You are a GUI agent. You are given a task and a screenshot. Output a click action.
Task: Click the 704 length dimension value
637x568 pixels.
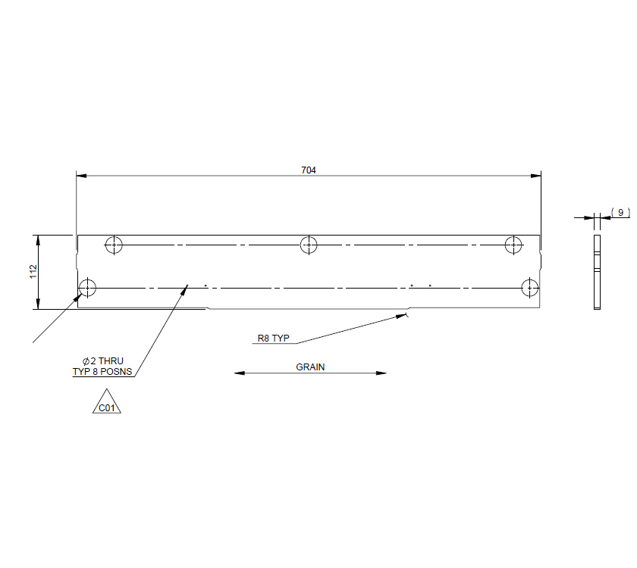coord(308,170)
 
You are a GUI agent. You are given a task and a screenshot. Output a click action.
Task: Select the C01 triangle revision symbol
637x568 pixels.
coord(107,404)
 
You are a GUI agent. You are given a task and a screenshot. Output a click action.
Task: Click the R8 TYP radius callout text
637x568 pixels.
coord(273,339)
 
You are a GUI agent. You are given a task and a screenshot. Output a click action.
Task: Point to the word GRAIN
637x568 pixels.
coord(310,367)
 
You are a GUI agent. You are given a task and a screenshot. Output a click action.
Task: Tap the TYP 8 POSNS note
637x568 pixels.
coord(102,372)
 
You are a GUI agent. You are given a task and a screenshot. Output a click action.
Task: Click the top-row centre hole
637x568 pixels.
coord(308,245)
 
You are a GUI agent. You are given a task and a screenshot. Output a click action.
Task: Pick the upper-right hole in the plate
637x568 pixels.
coord(514,245)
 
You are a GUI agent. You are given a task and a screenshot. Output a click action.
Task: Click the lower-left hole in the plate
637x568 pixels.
coord(88,288)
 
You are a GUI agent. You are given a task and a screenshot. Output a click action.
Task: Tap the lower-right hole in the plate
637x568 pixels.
coord(529,288)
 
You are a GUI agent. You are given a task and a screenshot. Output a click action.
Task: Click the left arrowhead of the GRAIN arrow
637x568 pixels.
coord(238,373)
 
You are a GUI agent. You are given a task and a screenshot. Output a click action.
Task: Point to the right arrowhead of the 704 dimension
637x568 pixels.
coord(536,176)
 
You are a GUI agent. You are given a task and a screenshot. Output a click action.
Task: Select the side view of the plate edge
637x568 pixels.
coord(597,273)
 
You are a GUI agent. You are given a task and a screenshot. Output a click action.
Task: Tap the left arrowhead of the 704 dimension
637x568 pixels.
coord(80,176)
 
